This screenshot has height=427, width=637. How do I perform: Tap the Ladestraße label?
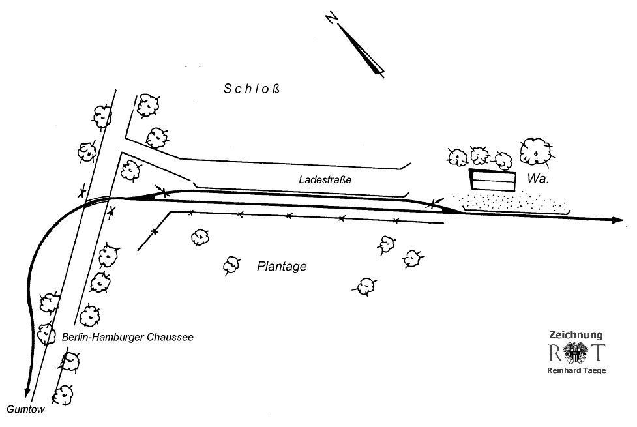325,179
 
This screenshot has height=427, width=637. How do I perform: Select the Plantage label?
282,267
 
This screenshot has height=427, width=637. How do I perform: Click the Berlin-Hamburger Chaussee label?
128,337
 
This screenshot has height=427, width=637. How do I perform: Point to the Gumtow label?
25,409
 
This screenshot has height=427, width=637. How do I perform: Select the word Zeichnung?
576,334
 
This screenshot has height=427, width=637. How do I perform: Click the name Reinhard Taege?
576,370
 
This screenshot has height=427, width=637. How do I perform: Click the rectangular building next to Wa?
492,180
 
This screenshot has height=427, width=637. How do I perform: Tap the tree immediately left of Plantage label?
231,264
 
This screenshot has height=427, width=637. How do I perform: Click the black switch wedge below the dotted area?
451,209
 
